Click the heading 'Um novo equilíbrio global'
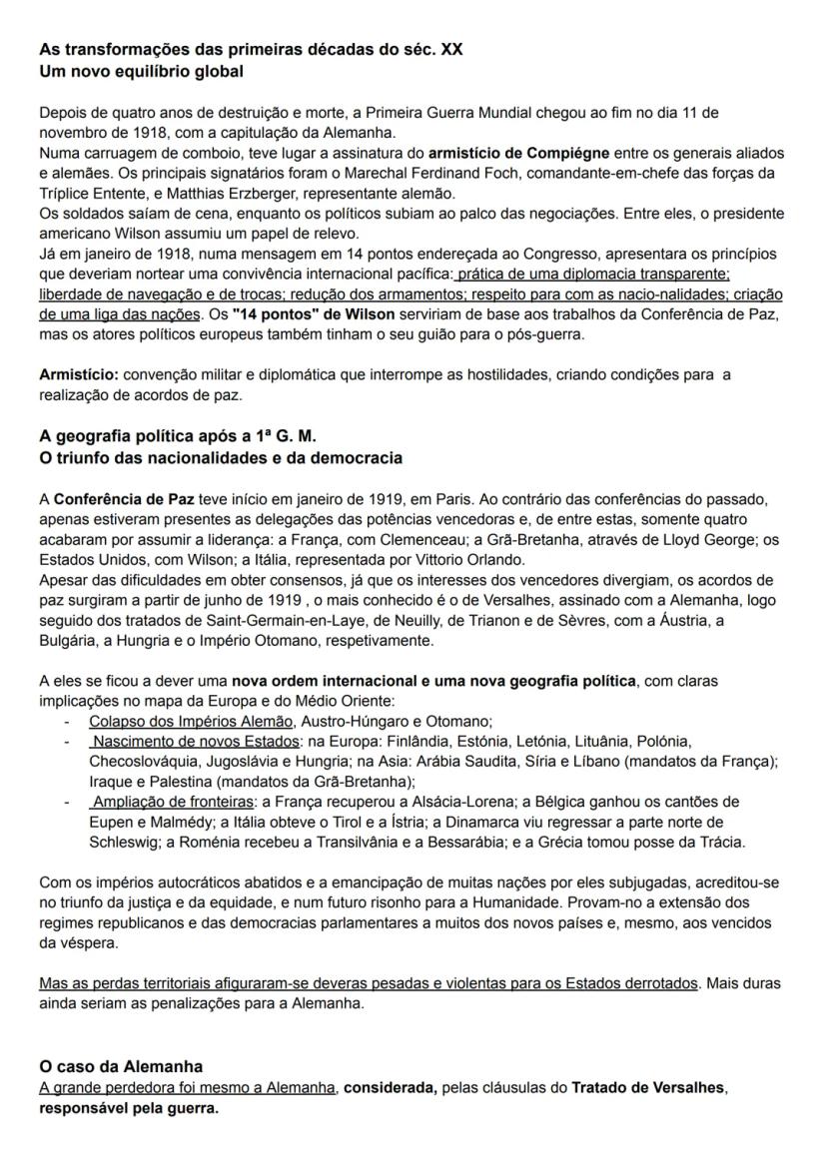[x=141, y=72]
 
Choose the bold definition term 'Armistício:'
[x=78, y=374]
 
